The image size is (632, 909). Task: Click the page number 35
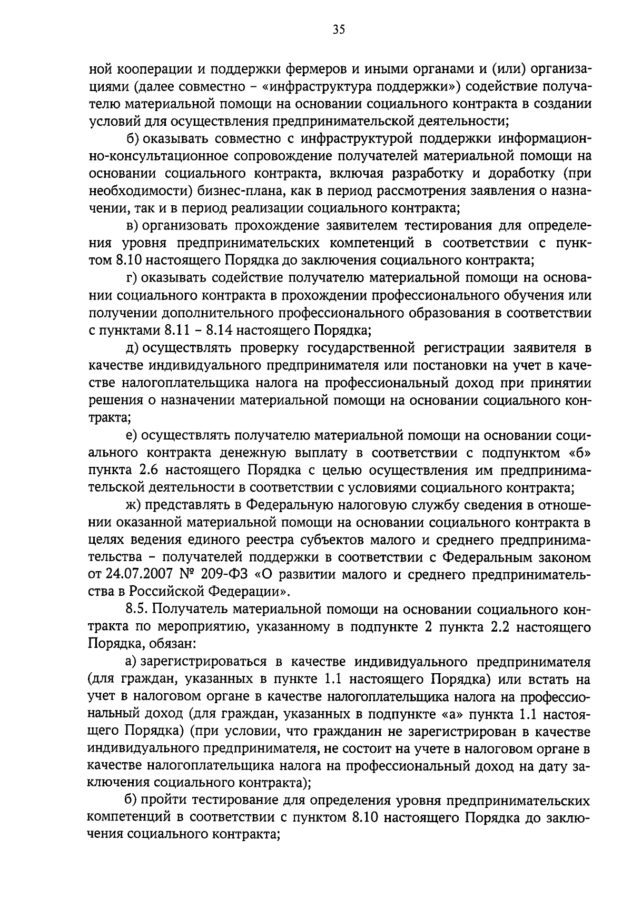tap(338, 30)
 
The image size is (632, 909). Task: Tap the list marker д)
tap(132, 348)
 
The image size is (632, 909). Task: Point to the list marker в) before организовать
tap(132, 226)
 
